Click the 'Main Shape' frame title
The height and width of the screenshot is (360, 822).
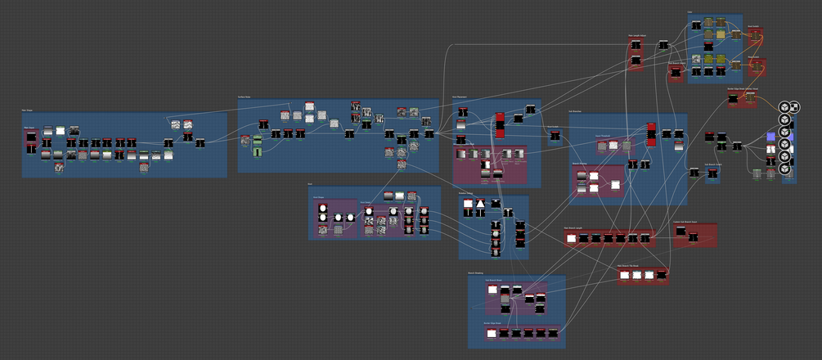tap(28, 110)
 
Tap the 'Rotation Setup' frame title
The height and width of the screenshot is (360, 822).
tap(466, 193)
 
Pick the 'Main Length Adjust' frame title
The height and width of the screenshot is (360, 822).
tap(636, 36)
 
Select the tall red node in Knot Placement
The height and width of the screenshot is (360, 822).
tap(500, 124)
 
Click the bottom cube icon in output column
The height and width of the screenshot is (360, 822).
tap(784, 169)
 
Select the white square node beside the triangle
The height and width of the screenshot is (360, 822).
tap(480, 203)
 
